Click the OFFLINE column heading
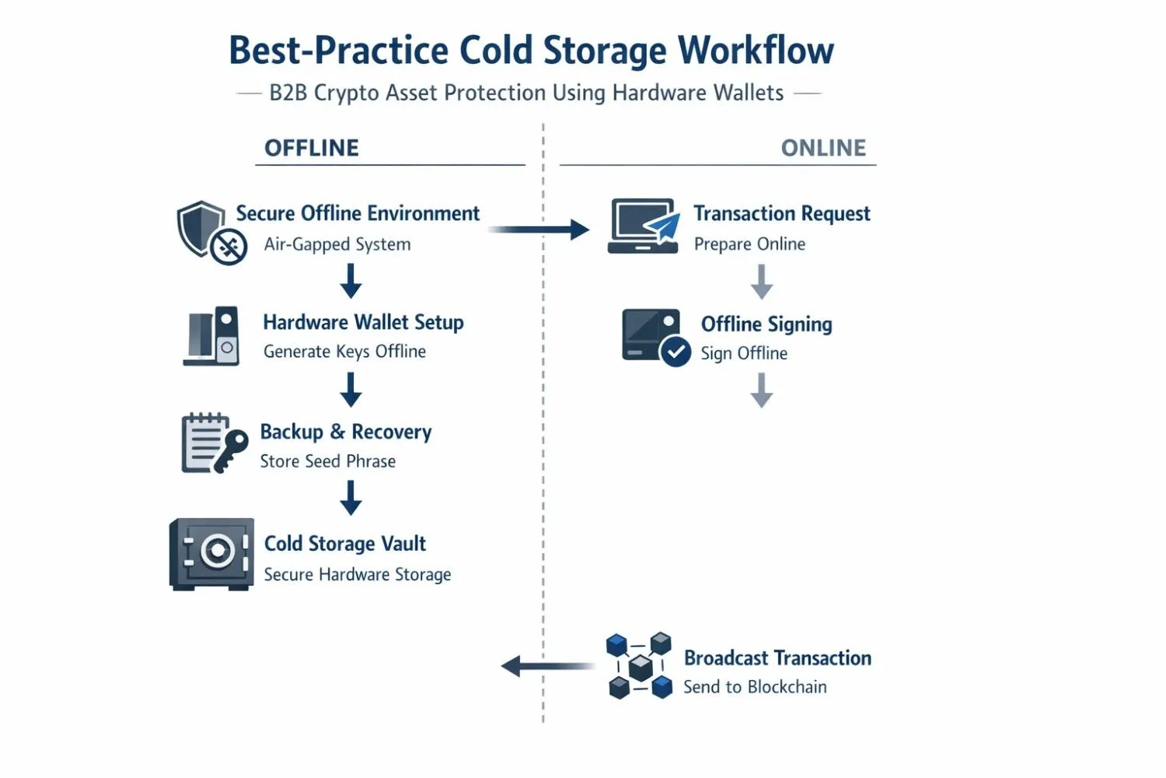(312, 148)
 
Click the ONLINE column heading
(823, 148)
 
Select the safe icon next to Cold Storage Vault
(211, 554)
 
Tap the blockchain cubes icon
(639, 666)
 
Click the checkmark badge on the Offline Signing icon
(676, 352)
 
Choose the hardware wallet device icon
(213, 336)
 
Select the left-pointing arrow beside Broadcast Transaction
(548, 666)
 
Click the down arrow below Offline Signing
(762, 390)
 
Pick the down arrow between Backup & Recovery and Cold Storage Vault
(351, 498)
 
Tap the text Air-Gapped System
(337, 244)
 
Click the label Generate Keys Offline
(344, 352)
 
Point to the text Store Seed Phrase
(328, 461)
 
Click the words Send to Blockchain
(755, 687)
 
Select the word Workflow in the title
(756, 51)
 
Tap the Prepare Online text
(749, 244)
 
